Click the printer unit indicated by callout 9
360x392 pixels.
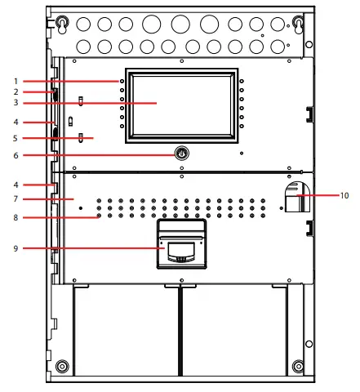(x=181, y=245)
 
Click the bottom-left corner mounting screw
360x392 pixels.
(x=61, y=366)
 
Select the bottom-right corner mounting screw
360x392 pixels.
(x=298, y=366)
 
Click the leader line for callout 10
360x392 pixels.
(x=322, y=196)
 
